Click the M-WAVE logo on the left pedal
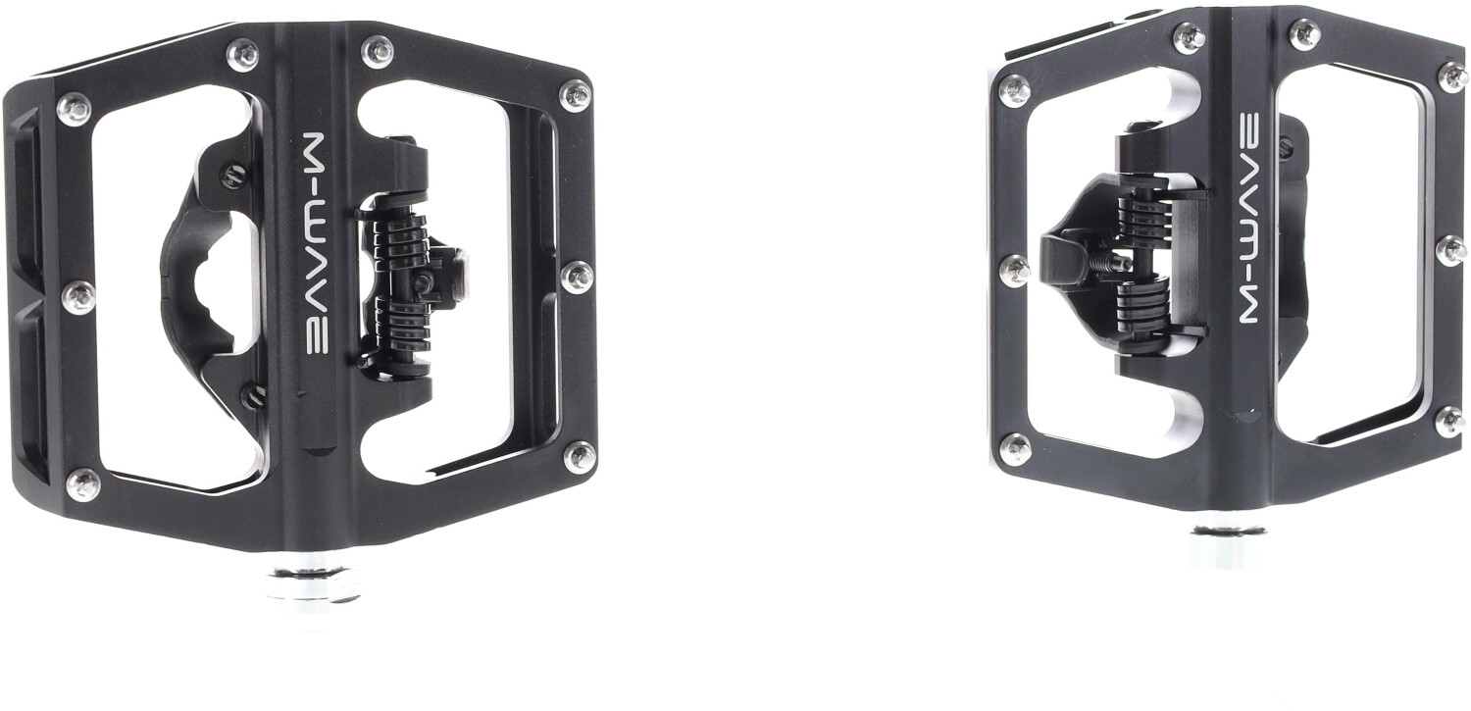[320, 243]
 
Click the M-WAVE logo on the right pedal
[1254, 218]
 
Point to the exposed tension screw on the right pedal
[1111, 263]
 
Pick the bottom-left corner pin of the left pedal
[84, 484]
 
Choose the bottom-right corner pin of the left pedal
[580, 456]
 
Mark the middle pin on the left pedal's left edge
[78, 297]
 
